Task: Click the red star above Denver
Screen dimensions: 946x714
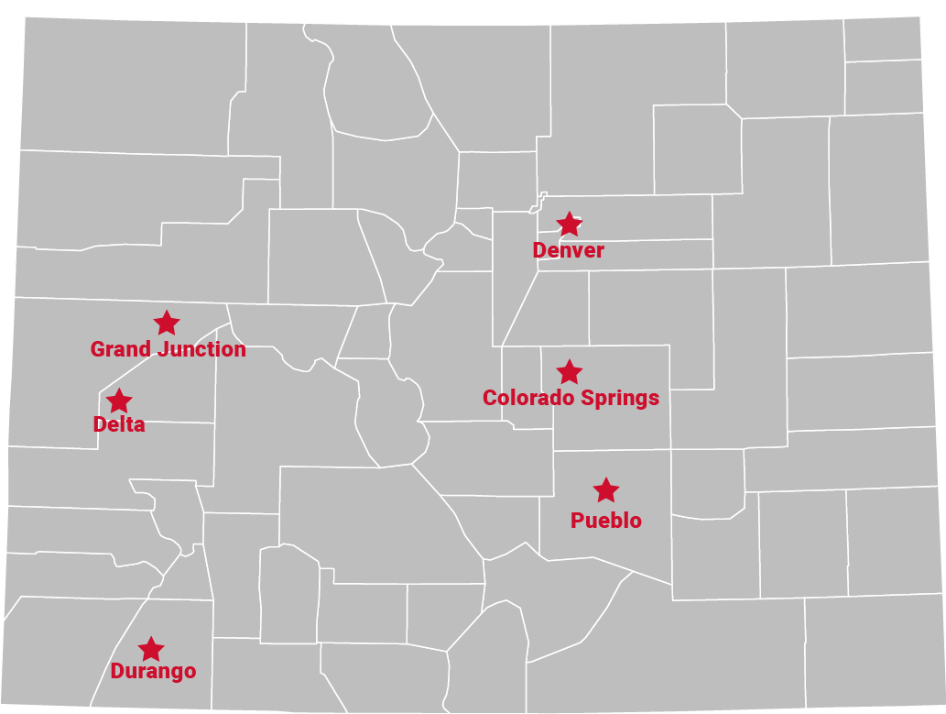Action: pyautogui.click(x=569, y=224)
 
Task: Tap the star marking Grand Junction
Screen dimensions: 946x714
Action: pyautogui.click(x=166, y=323)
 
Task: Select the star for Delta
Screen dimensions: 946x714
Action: pyautogui.click(x=119, y=401)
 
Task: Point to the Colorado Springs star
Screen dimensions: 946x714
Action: pyautogui.click(x=569, y=371)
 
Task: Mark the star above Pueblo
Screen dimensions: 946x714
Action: pyautogui.click(x=605, y=490)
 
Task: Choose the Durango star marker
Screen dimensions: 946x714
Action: pyautogui.click(x=151, y=649)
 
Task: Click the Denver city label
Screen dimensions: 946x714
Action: pyautogui.click(x=568, y=250)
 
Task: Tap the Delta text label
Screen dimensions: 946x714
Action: pyautogui.click(x=119, y=424)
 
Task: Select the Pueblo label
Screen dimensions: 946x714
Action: pyautogui.click(x=605, y=521)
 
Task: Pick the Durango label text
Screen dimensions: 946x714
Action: pyautogui.click(x=153, y=671)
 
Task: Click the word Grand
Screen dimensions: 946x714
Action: pyautogui.click(x=121, y=349)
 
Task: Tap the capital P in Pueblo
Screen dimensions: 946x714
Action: pyautogui.click(x=577, y=521)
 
